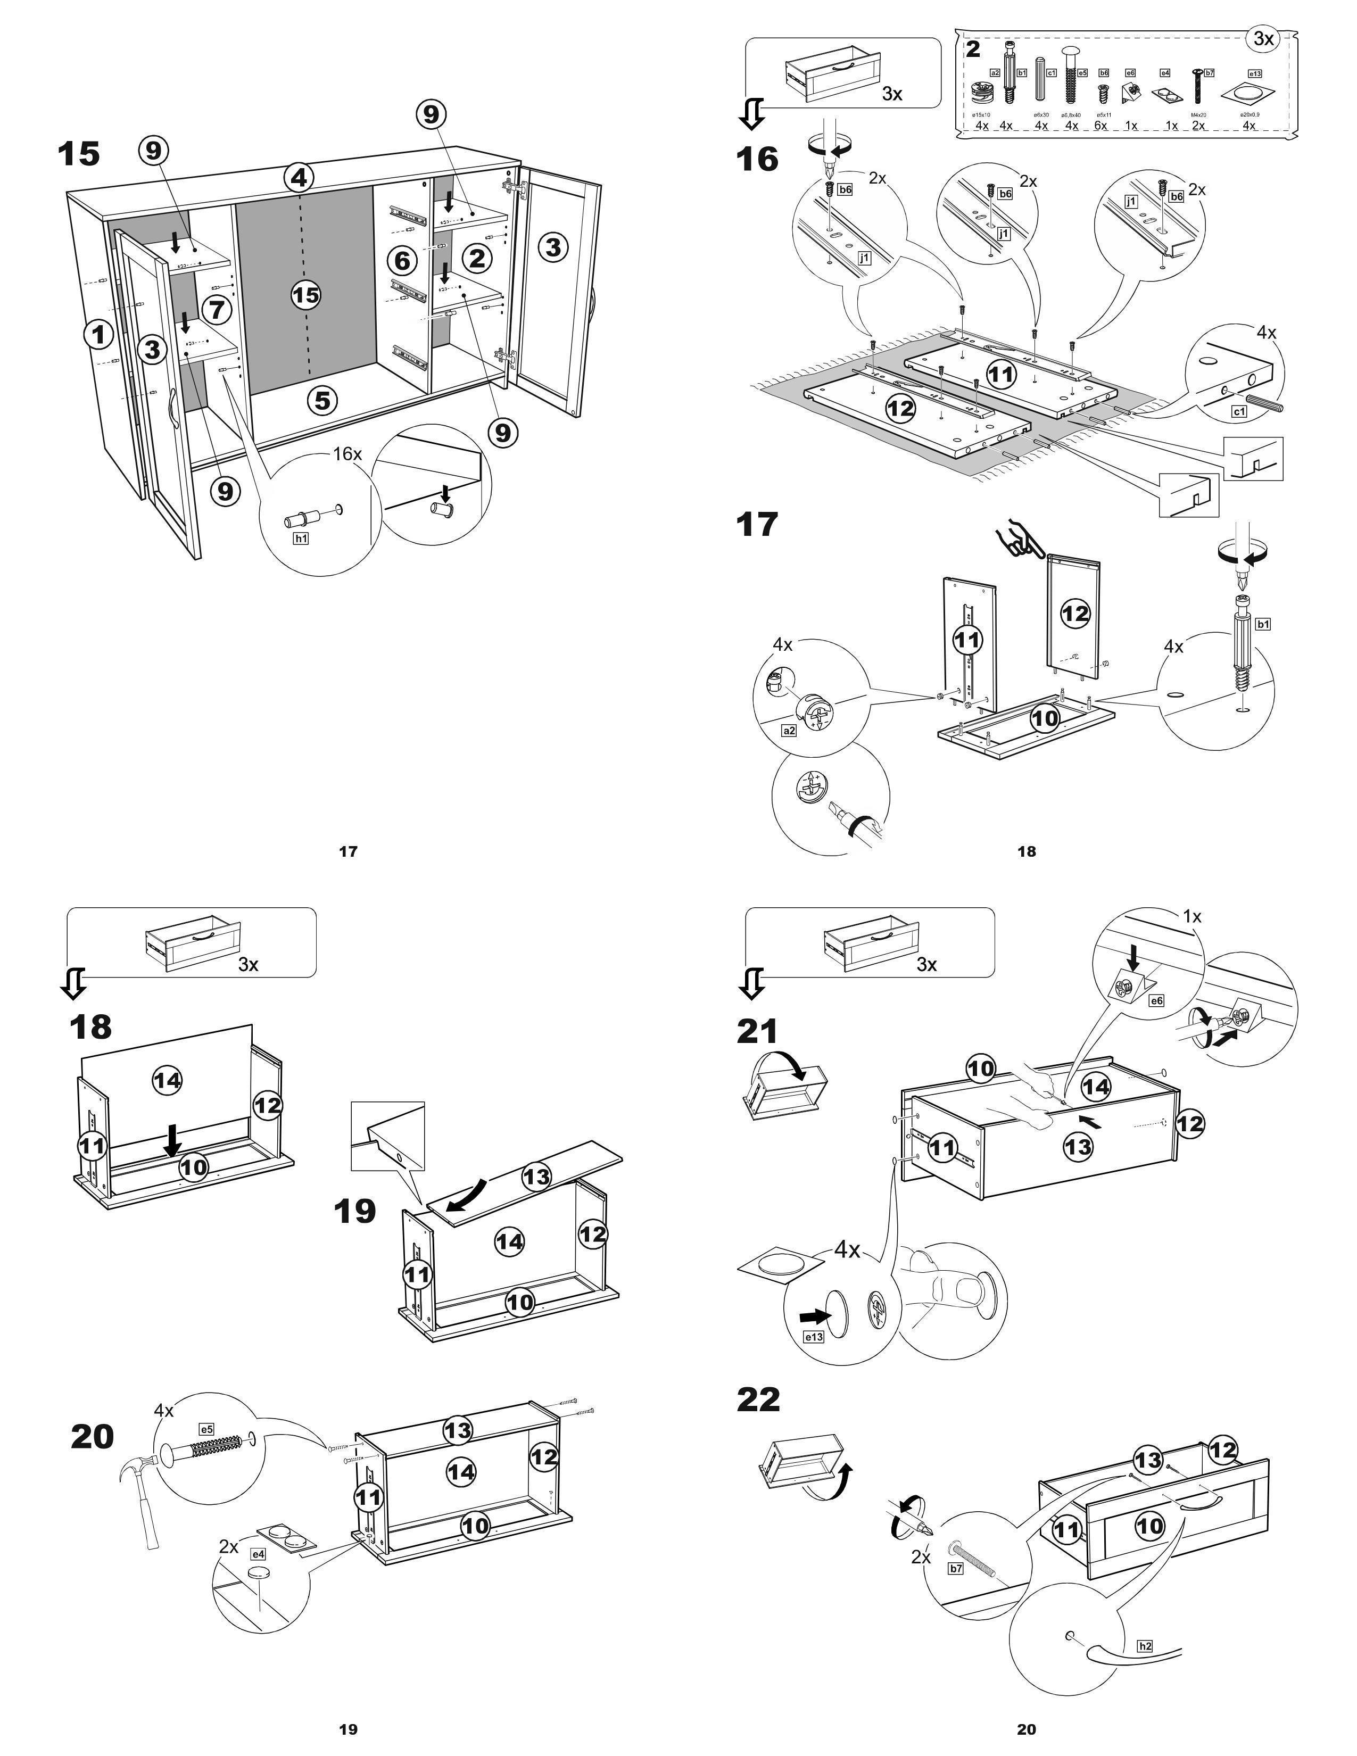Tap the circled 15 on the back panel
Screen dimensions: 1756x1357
coord(305,295)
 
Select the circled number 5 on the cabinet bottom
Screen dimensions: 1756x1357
coord(322,400)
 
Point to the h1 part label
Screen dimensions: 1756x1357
coord(301,539)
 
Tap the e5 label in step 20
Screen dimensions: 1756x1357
coord(206,1429)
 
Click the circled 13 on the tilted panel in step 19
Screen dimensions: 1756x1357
coord(536,1177)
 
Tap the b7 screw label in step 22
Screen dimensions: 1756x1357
coord(956,1568)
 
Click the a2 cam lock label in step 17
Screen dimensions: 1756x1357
coord(789,730)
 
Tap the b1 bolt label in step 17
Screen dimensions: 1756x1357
coord(1263,623)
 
